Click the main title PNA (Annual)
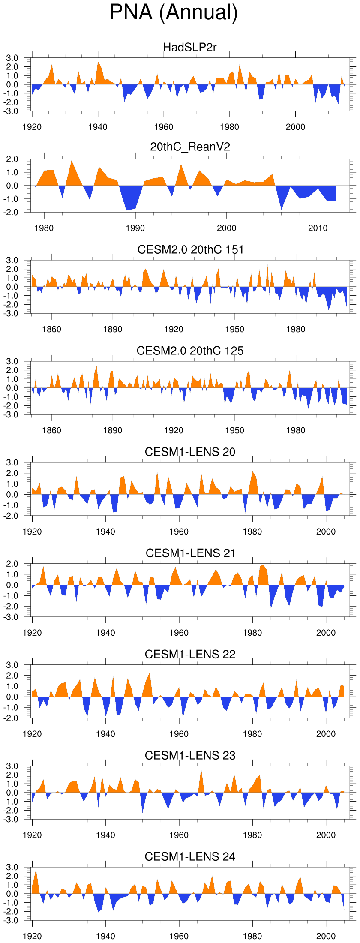point(174,12)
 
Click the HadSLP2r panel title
point(190,47)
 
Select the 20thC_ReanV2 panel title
point(190,147)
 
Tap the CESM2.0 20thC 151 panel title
point(190,249)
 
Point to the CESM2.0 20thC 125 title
point(190,351)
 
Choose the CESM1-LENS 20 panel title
point(190,452)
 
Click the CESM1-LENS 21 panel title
point(190,553)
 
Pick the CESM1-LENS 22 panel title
point(190,654)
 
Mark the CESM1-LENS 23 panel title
point(190,755)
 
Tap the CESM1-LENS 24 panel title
point(190,856)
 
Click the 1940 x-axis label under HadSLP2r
point(98,127)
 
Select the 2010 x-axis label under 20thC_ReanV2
point(318,228)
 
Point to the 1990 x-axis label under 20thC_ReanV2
point(135,228)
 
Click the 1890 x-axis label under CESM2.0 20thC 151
point(113,329)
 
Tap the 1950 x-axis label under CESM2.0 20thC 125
point(234,430)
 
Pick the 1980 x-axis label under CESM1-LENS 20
point(252,532)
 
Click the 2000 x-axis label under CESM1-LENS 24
point(326,936)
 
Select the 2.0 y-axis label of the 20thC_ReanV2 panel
point(12,159)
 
